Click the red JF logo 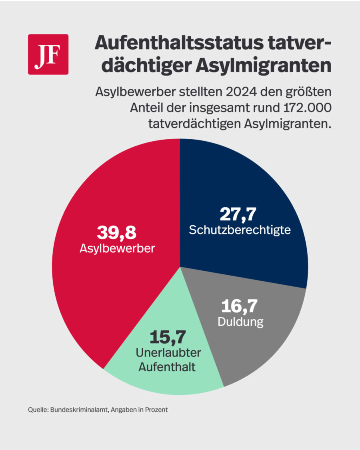tap(48, 54)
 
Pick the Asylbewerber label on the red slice tap(117, 248)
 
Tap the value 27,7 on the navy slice tap(238, 215)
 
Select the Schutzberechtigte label tap(239, 230)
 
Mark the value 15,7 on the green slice tap(168, 337)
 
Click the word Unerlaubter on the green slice tap(168, 352)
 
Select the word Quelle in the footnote tap(37, 410)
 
